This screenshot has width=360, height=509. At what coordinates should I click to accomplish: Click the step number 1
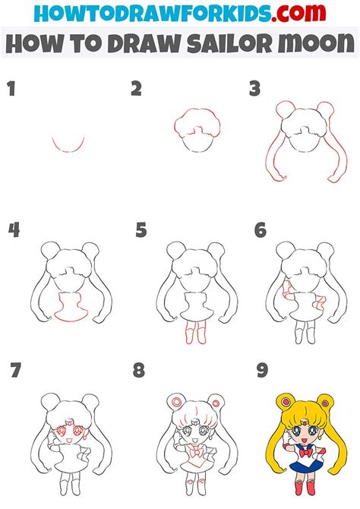click(11, 90)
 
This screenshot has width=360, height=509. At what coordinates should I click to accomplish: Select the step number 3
click(254, 90)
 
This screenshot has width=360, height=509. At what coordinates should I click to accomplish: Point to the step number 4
click(12, 229)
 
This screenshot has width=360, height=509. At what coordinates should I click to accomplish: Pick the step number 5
click(141, 229)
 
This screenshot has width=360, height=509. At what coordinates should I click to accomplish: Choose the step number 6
click(260, 229)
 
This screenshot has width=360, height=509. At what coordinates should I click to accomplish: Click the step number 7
click(14, 371)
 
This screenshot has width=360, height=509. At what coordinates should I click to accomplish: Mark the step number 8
click(138, 371)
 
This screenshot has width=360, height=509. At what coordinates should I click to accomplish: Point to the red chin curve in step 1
click(68, 147)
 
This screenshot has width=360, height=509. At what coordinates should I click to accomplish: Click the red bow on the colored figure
click(305, 453)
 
